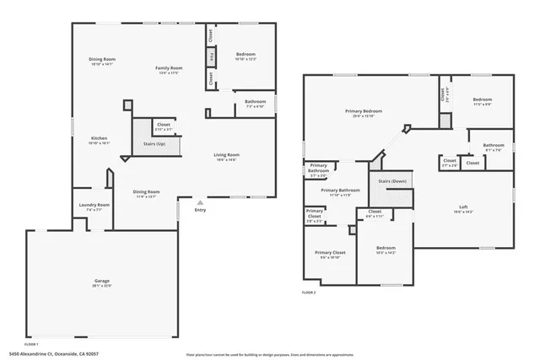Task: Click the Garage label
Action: (x=101, y=281)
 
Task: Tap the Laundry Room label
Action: (x=94, y=205)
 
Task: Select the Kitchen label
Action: (x=99, y=138)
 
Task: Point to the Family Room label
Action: (x=169, y=67)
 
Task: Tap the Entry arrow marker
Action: (x=200, y=202)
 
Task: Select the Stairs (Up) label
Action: (x=154, y=144)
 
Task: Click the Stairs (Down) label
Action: (x=392, y=181)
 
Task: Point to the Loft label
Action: (x=463, y=207)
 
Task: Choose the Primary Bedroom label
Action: (x=363, y=110)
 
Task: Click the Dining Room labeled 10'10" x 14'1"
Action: (x=102, y=59)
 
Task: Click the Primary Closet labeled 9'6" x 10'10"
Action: (x=330, y=253)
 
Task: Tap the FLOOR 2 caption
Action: (x=309, y=293)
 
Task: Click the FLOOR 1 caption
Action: (x=31, y=344)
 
